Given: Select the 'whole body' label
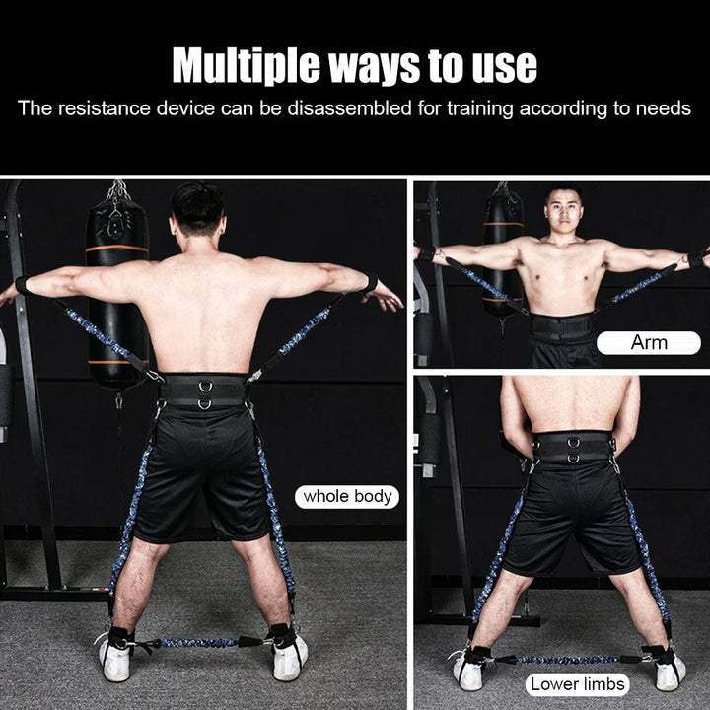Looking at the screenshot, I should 346,496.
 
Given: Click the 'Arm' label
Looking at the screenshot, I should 648,343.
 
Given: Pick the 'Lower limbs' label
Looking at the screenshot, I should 576,683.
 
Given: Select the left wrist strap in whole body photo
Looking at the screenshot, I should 22,285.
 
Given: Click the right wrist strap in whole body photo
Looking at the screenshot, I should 369,284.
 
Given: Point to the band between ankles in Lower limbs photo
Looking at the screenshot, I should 559,659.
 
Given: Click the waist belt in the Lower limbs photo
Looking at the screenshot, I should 574,449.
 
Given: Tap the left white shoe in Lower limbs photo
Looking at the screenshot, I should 467,670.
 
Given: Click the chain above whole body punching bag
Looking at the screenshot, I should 117,191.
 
